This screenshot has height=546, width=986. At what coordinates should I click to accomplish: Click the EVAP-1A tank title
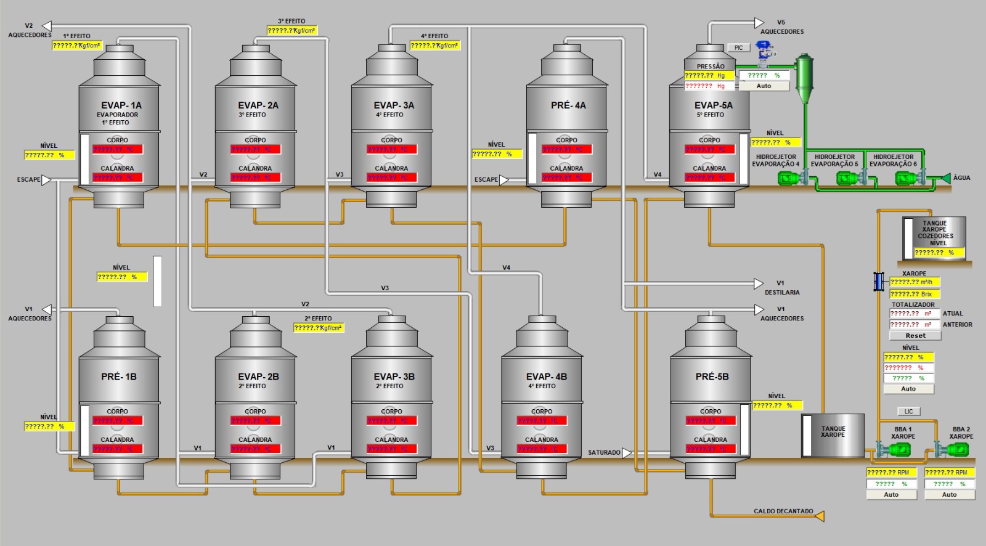121,105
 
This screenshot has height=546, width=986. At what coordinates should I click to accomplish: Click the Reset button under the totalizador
915,336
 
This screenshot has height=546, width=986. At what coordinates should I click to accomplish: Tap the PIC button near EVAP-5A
738,47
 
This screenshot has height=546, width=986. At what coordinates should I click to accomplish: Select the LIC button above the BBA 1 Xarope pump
908,412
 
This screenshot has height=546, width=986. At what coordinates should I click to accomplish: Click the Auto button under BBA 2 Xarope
949,495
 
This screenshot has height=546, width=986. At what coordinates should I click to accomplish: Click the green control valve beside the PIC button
765,52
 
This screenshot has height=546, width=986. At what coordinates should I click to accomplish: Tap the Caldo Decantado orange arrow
819,516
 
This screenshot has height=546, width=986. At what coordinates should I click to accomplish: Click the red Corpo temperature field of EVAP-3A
391,150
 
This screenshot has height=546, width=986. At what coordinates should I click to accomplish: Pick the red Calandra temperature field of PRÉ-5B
710,449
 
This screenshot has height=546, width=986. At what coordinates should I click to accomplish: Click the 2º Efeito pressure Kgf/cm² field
318,328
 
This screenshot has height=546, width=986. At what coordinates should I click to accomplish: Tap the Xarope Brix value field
914,294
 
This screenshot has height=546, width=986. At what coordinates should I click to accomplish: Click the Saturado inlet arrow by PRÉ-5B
627,453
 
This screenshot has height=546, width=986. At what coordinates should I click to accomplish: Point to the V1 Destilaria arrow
759,284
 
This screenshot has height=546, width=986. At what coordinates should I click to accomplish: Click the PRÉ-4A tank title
568,105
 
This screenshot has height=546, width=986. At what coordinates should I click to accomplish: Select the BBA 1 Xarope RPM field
891,473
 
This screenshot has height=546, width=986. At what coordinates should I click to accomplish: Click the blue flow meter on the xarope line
878,281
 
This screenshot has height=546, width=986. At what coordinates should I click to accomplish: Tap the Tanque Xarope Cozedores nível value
938,253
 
